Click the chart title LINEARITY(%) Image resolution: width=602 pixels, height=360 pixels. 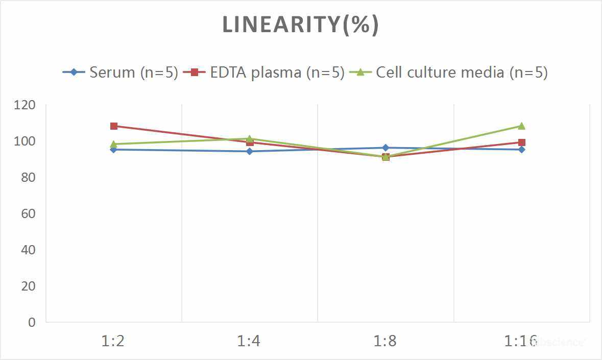(x=300, y=25)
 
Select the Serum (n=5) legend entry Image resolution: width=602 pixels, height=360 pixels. (x=121, y=72)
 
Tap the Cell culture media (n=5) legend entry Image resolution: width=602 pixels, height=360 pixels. (x=449, y=72)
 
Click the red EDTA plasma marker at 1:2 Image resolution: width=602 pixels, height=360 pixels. (x=114, y=126)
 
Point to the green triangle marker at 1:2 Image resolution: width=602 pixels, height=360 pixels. (x=114, y=144)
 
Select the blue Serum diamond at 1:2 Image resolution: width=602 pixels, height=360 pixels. (x=114, y=150)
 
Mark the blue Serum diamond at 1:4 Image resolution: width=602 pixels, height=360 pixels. (x=250, y=151)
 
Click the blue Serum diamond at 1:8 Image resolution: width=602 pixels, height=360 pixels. (x=386, y=148)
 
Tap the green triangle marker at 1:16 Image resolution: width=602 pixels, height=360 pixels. (x=522, y=126)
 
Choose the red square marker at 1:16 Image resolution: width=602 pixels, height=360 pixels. (x=522, y=142)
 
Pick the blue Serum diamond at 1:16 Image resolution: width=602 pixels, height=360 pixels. (x=522, y=150)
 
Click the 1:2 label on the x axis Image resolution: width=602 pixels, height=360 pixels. (x=113, y=341)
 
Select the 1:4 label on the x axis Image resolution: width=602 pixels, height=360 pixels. (x=249, y=341)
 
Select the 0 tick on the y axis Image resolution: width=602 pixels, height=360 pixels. (x=32, y=322)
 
